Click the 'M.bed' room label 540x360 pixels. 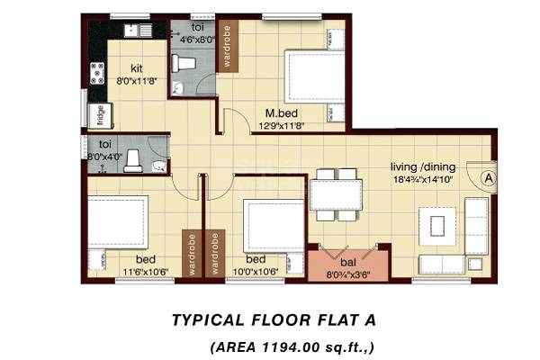pyautogui.click(x=282, y=114)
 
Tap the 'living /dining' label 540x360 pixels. pyautogui.click(x=422, y=167)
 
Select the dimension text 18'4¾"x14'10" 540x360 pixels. pyautogui.click(x=422, y=180)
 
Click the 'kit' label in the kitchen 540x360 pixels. pyautogui.click(x=136, y=67)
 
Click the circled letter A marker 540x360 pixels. pyautogui.click(x=488, y=177)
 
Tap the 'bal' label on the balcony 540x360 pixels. pyautogui.click(x=347, y=263)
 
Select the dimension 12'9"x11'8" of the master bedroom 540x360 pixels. pyautogui.click(x=282, y=127)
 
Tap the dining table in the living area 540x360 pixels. pyautogui.click(x=337, y=194)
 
